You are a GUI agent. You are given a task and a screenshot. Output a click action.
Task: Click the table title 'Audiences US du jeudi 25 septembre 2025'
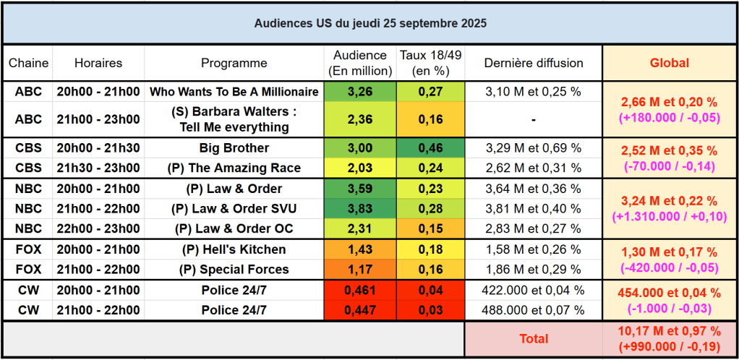click(369, 23)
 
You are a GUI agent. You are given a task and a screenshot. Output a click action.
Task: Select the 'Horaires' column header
click(98, 63)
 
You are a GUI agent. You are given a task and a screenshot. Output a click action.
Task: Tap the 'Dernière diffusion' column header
click(533, 63)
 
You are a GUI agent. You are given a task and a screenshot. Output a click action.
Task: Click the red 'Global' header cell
click(669, 63)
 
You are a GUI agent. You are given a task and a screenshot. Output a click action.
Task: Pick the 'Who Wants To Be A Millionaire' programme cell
click(234, 92)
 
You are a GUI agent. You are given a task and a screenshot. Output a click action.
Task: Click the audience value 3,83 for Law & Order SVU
click(360, 209)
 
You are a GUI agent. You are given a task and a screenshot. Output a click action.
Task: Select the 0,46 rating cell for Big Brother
click(430, 148)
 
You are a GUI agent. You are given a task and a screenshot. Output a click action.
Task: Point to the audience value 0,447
click(360, 310)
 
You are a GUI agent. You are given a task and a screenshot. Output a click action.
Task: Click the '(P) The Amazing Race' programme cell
click(234, 168)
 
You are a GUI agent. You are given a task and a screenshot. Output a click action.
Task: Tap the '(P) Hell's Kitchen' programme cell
click(234, 249)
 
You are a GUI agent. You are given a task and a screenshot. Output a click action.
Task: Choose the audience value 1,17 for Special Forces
click(360, 270)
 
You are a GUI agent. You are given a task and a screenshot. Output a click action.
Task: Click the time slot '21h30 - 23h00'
click(98, 168)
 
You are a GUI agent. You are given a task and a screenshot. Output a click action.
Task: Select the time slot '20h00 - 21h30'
click(98, 148)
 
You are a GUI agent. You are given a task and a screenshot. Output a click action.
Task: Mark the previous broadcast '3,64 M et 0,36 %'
click(533, 189)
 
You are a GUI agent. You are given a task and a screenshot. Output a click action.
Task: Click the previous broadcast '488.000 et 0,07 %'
click(533, 310)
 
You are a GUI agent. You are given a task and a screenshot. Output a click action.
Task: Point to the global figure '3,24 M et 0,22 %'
click(669, 201)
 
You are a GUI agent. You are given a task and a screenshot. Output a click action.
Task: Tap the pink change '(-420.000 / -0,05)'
click(669, 267)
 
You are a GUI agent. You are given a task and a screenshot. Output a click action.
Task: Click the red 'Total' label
click(534, 338)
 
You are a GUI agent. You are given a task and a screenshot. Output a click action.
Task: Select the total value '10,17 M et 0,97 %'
click(669, 331)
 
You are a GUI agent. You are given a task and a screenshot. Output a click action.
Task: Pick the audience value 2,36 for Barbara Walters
click(360, 119)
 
